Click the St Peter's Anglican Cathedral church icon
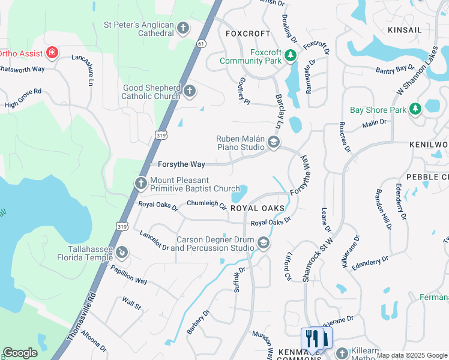click(183, 28)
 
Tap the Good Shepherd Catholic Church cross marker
click(189, 91)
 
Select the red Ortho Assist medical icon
click(52, 53)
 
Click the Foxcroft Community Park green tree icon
click(291, 56)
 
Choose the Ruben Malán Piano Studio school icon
click(274, 142)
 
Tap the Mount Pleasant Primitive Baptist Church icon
click(141, 183)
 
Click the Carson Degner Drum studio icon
click(263, 242)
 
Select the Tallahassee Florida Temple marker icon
click(122, 253)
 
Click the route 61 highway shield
click(201, 43)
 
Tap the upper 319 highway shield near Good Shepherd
click(160, 136)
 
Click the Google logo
click(20, 353)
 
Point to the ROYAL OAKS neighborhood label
click(257, 208)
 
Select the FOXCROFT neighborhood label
click(244, 34)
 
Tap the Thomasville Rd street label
click(82, 317)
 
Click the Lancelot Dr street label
click(154, 240)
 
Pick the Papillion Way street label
click(129, 274)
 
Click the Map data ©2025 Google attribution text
click(412, 355)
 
